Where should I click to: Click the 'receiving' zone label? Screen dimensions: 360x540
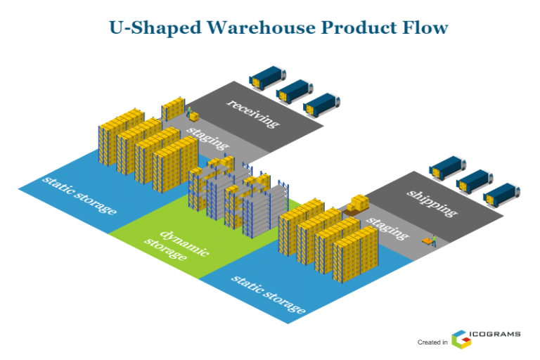[252, 113]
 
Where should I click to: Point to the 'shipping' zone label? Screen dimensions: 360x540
[432, 202]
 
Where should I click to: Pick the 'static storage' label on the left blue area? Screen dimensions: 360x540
[79, 193]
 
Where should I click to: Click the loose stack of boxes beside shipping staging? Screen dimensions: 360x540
[358, 204]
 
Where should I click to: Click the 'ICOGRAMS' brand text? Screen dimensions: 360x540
[497, 334]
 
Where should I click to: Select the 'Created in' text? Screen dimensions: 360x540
[432, 342]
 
